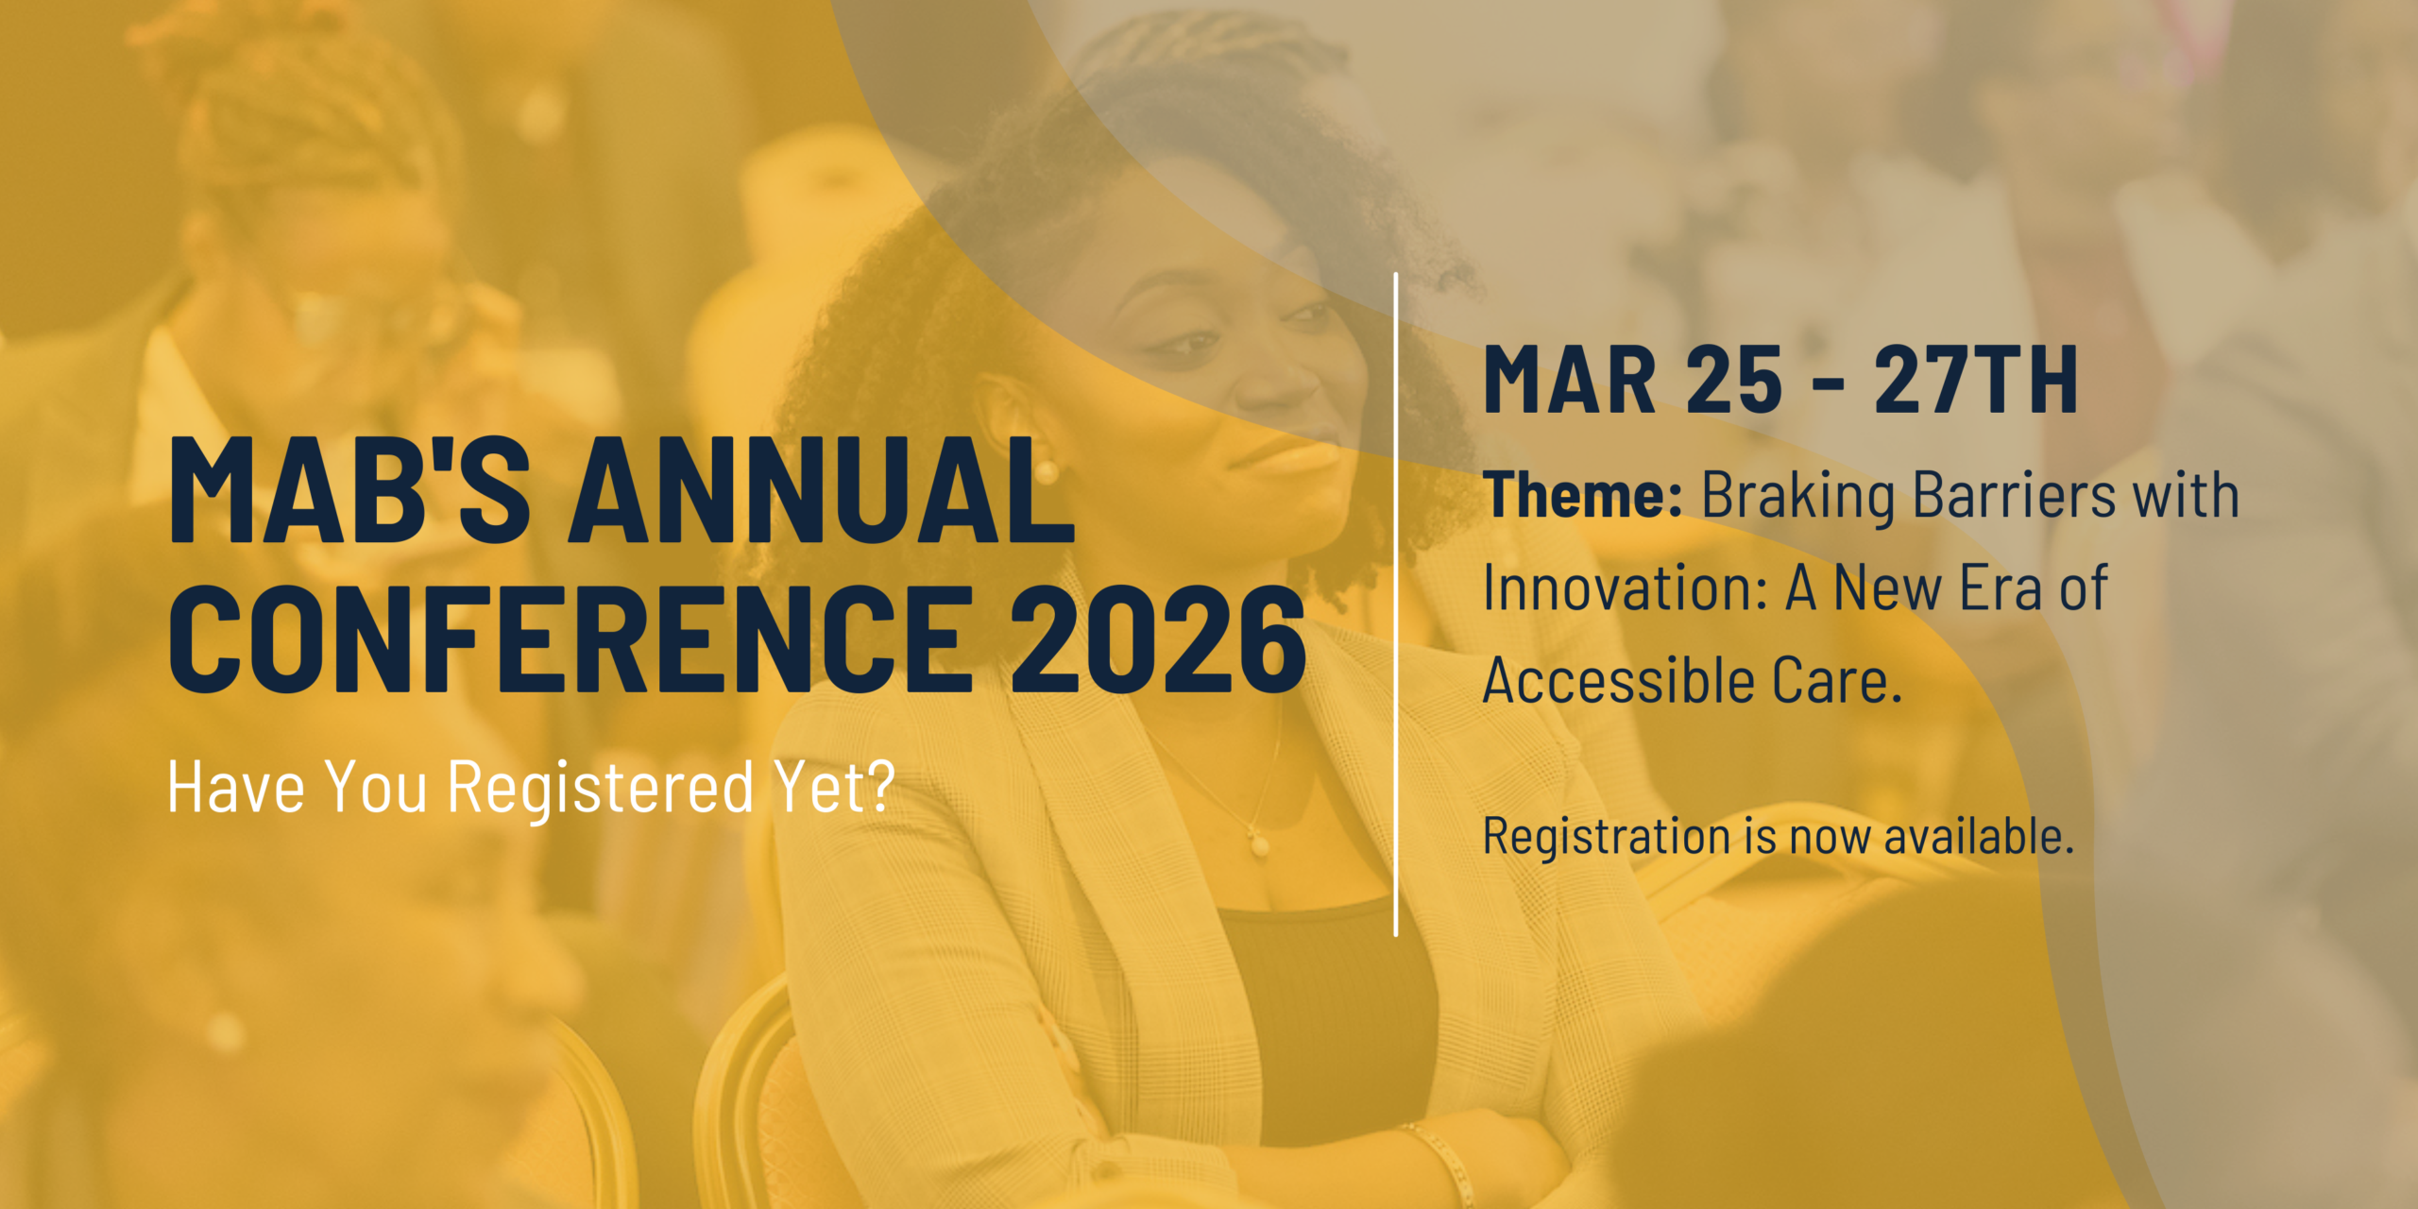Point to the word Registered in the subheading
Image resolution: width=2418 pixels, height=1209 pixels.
point(601,787)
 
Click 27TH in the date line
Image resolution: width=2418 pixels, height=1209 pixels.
point(1976,380)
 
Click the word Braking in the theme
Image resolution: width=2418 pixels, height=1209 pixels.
point(1798,496)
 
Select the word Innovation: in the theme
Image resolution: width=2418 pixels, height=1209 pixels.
point(1626,587)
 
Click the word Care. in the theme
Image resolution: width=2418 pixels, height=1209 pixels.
point(1837,680)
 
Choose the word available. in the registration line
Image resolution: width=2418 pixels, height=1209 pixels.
point(1979,836)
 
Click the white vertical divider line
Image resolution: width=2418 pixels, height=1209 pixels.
point(1396,604)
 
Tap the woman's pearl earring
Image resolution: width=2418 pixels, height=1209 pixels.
point(1046,471)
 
